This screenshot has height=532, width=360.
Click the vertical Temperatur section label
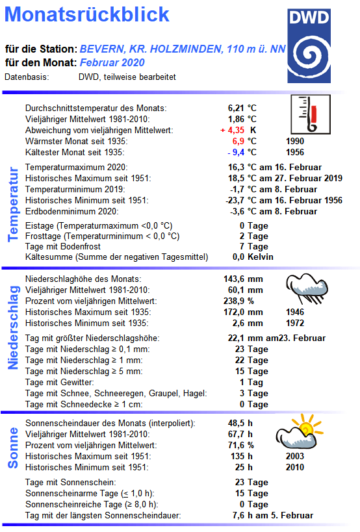(x=12, y=204)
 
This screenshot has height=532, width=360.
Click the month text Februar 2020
(x=112, y=62)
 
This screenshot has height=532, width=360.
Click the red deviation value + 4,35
(x=234, y=130)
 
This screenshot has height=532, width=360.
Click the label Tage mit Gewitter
(x=59, y=382)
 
